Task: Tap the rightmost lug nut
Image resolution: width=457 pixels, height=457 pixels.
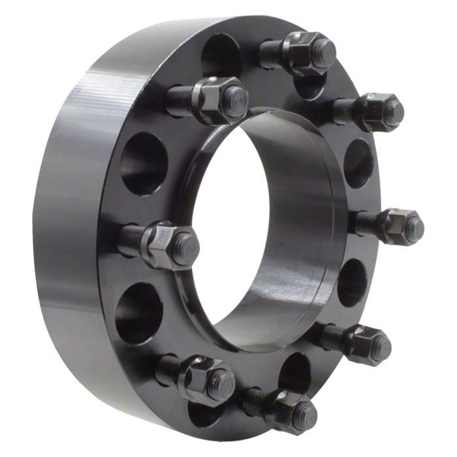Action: click(x=400, y=227)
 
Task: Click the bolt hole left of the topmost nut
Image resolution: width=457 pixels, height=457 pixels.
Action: click(x=222, y=55)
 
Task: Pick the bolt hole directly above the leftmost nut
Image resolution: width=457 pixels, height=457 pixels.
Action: click(x=144, y=163)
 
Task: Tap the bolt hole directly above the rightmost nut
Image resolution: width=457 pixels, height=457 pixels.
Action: click(x=358, y=163)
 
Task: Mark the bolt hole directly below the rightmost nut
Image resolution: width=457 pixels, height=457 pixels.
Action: click(x=353, y=283)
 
